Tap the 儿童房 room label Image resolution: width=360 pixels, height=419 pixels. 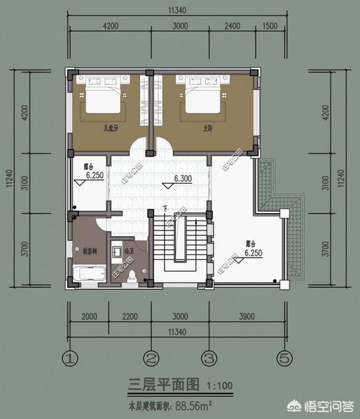[x=110, y=128]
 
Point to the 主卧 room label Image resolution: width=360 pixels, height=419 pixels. [x=207, y=128]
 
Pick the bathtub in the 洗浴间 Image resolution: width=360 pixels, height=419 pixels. [x=89, y=272]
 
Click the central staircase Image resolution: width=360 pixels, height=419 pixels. [x=179, y=244]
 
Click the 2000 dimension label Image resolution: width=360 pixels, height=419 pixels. [x=89, y=316]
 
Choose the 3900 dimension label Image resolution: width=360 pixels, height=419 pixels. [x=247, y=316]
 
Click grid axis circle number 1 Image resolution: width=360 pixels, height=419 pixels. [x=68, y=359]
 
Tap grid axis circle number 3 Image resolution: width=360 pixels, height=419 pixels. [x=207, y=359]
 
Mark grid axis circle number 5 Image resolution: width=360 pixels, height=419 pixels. [x=283, y=359]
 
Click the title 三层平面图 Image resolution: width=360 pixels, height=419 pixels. [x=164, y=385]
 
